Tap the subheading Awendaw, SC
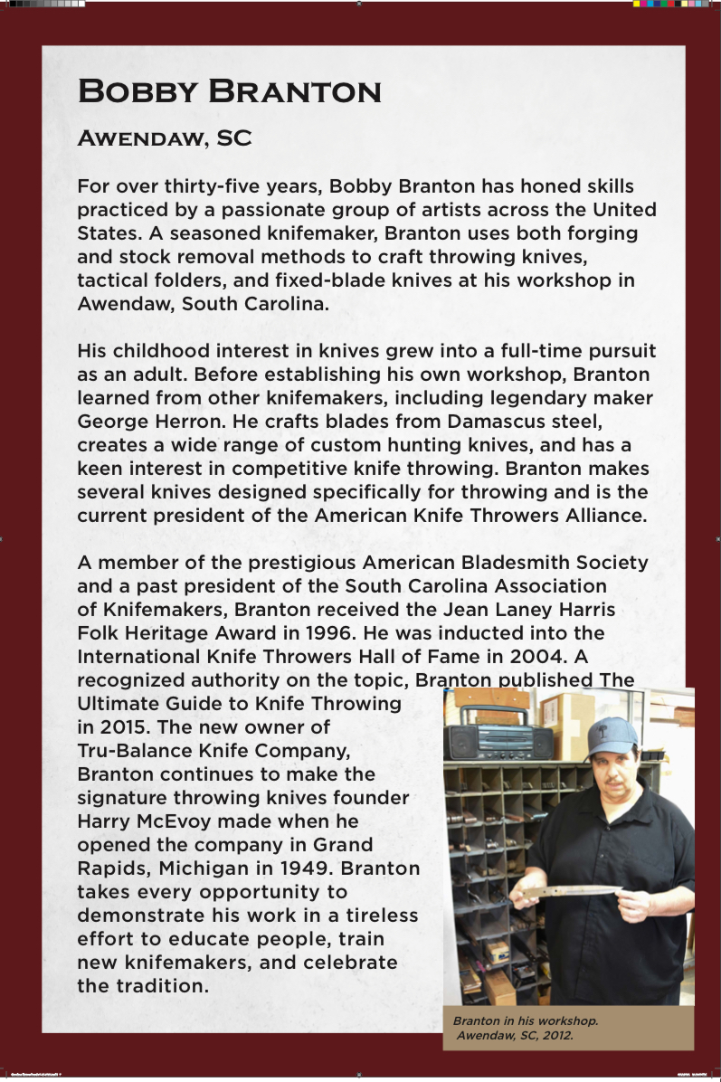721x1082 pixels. point(164,139)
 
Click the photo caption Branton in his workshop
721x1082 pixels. point(526,1020)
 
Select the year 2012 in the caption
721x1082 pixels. point(555,1035)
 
